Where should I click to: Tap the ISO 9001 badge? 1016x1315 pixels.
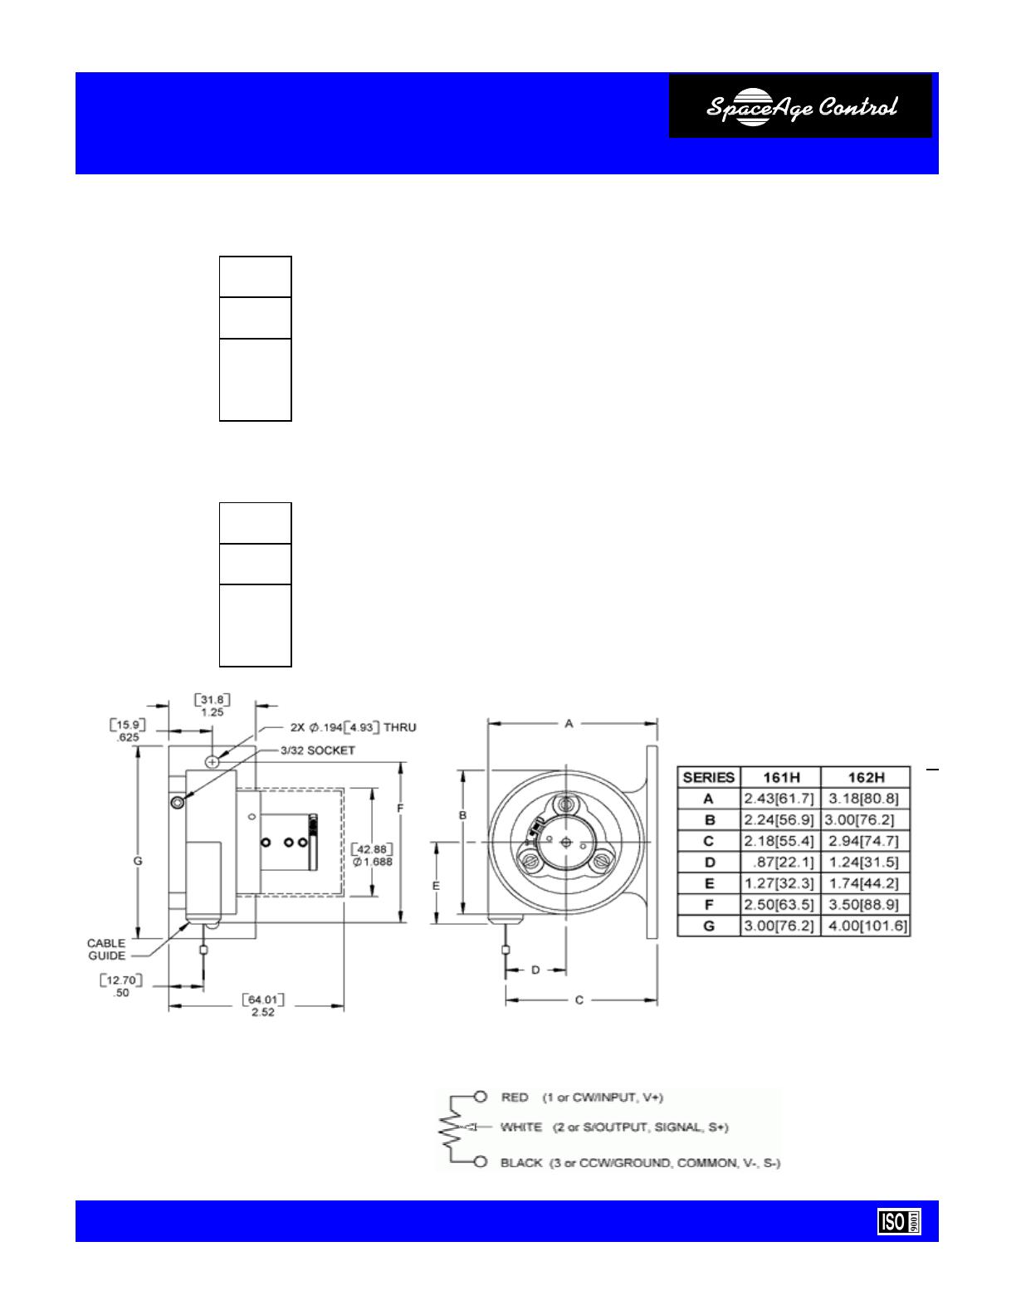coord(899,1222)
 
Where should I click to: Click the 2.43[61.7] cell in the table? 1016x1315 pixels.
coord(779,799)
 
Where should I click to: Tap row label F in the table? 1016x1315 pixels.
coord(709,905)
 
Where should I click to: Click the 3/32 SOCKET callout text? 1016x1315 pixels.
coord(318,750)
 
